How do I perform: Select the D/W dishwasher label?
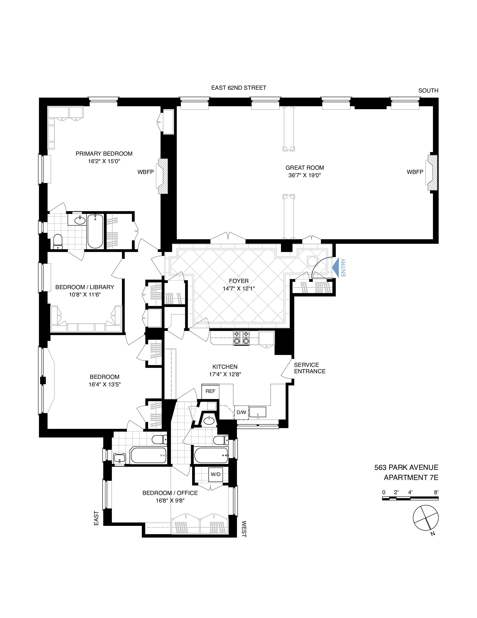point(241,412)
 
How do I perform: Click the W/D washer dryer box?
point(216,474)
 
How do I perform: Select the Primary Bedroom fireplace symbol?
point(163,176)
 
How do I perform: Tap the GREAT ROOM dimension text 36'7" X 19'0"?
point(304,175)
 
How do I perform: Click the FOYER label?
point(239,281)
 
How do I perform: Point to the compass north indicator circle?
point(426,518)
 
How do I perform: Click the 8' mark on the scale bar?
point(436,492)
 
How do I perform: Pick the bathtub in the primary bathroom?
point(95,231)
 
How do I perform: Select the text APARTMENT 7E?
point(411,478)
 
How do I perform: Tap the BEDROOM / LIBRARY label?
point(85,287)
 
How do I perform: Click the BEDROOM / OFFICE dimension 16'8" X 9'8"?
point(170,501)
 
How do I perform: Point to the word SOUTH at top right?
point(428,91)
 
